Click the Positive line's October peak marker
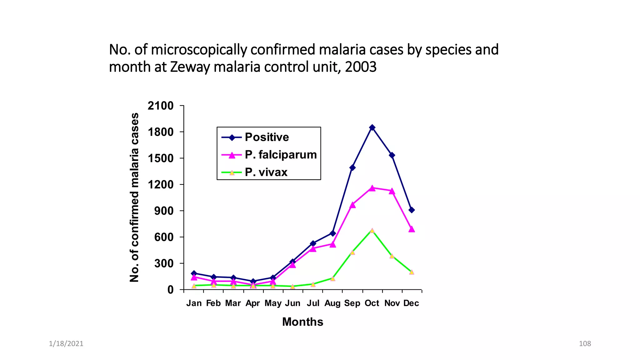pyautogui.click(x=372, y=127)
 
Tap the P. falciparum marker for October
pyautogui.click(x=372, y=188)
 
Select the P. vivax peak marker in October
pyautogui.click(x=372, y=231)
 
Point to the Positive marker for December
pyautogui.click(x=412, y=210)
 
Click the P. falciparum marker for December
pyautogui.click(x=412, y=229)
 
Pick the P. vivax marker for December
pyautogui.click(x=412, y=272)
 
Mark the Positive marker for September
pyautogui.click(x=352, y=167)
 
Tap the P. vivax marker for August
pyautogui.click(x=332, y=278)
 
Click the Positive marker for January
pyautogui.click(x=194, y=273)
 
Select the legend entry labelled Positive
pyautogui.click(x=267, y=137)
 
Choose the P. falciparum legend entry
pyautogui.click(x=280, y=155)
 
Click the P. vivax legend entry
pyautogui.click(x=266, y=172)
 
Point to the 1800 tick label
pyautogui.click(x=161, y=132)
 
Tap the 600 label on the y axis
pyautogui.click(x=164, y=237)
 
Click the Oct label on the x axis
pyautogui.click(x=372, y=303)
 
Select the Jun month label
pyautogui.click(x=292, y=303)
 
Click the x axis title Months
pyautogui.click(x=302, y=322)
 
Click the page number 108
pyautogui.click(x=585, y=344)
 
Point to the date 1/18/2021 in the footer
pyautogui.click(x=66, y=344)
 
